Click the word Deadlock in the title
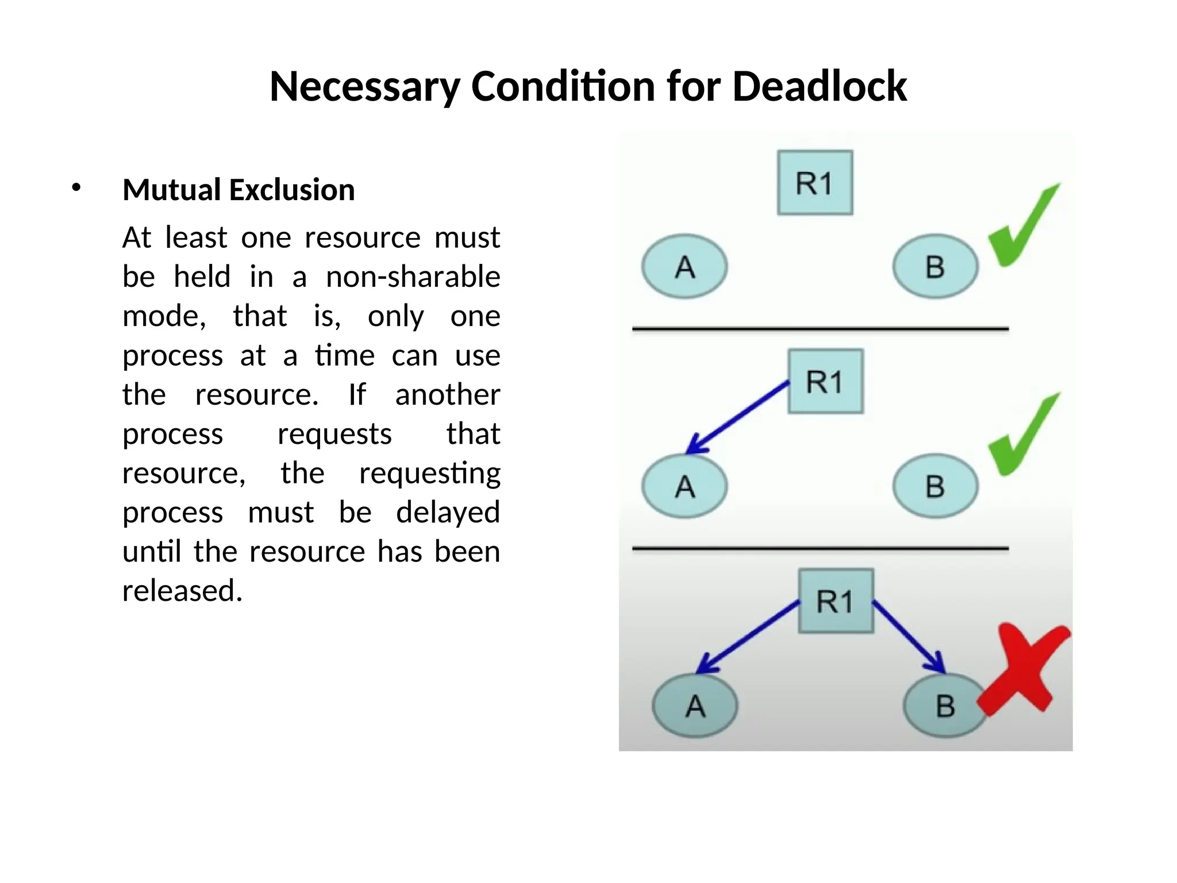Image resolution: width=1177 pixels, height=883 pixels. [x=820, y=86]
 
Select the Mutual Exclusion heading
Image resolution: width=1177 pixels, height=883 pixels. [x=239, y=190]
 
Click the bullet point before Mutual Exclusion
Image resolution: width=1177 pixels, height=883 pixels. [x=76, y=187]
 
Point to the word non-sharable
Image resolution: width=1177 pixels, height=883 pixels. [x=413, y=277]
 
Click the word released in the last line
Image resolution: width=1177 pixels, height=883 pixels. [x=182, y=590]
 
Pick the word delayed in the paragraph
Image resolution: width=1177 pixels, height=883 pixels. [x=448, y=512]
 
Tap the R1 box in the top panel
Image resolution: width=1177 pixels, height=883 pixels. [x=814, y=183]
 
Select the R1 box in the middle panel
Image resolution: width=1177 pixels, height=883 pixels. [x=825, y=381]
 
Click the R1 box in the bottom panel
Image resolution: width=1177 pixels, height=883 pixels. [x=836, y=601]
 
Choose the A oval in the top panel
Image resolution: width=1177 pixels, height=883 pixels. [x=684, y=266]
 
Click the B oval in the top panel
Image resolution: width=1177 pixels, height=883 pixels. [x=935, y=266]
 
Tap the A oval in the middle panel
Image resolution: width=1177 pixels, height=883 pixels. [x=684, y=486]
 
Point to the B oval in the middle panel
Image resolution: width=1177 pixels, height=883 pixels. [x=935, y=486]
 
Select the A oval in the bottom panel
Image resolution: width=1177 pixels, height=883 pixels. [x=695, y=705]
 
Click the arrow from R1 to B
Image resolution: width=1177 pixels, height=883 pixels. [x=908, y=636]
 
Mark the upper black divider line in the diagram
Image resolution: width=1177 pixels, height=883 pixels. [x=820, y=329]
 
